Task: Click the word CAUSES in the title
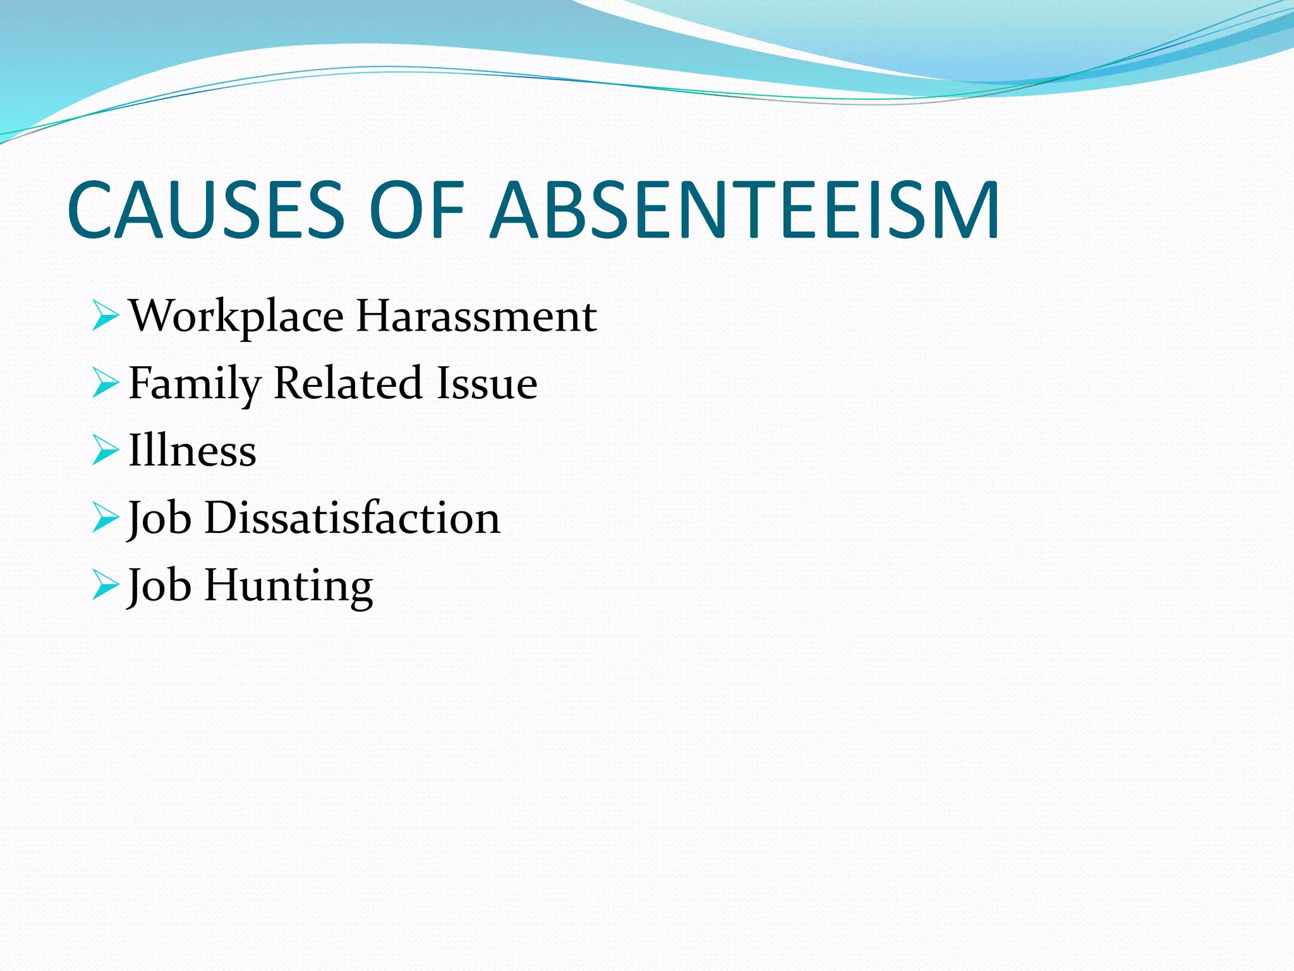click(x=206, y=210)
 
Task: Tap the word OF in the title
click(x=417, y=210)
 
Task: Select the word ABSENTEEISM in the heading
click(x=746, y=210)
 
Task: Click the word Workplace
click(x=236, y=316)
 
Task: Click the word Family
click(x=195, y=384)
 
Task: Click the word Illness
click(x=192, y=450)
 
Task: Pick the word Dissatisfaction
click(x=353, y=518)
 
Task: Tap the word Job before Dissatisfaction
click(x=159, y=518)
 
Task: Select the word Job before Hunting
click(x=159, y=586)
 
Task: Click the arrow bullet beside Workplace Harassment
click(x=105, y=315)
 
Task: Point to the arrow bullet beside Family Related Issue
click(x=105, y=383)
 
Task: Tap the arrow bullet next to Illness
click(x=105, y=450)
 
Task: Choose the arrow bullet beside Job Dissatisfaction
click(x=105, y=518)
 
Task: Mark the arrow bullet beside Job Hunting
click(x=105, y=585)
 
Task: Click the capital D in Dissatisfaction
click(x=221, y=518)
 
